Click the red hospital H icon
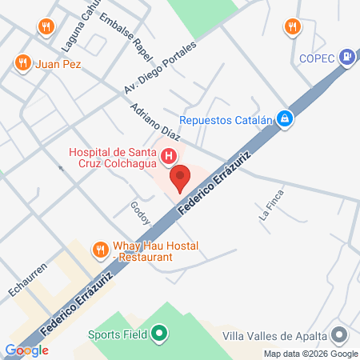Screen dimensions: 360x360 (x=169, y=157)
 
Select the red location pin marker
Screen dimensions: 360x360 (x=180, y=176)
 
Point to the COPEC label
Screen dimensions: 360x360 (x=318, y=57)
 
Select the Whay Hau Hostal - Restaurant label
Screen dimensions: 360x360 (x=155, y=251)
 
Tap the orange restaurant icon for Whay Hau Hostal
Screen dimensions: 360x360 (x=101, y=250)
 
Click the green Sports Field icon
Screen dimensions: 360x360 (x=159, y=334)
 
